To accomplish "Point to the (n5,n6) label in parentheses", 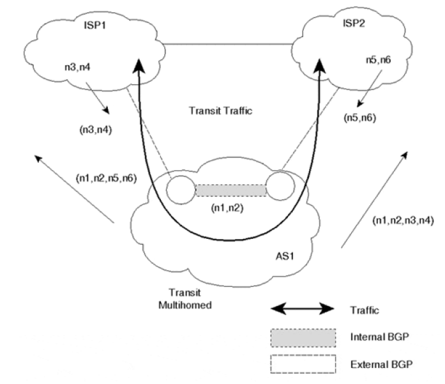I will click(x=360, y=117).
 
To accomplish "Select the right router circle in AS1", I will click(x=279, y=188).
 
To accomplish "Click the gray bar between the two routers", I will click(x=230, y=190).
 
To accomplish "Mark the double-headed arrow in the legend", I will click(x=303, y=309).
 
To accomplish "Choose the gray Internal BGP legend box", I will click(x=303, y=335).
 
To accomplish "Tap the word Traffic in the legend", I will click(x=366, y=311).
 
